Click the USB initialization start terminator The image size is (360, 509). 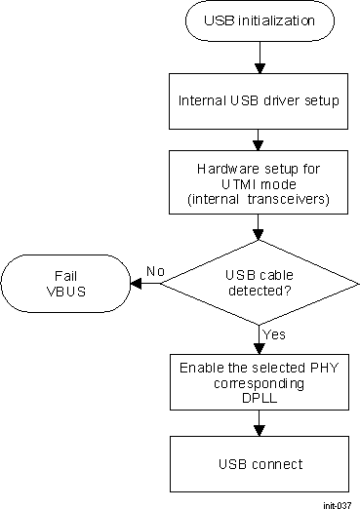259,20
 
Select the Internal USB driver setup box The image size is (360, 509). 259,99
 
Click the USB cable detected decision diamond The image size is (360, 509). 259,283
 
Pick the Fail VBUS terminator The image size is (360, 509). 67,283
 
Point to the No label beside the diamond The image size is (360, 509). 153,271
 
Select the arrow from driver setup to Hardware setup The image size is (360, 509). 259,137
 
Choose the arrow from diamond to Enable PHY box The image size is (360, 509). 259,340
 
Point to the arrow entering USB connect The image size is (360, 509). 259,422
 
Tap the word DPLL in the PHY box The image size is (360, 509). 259,397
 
